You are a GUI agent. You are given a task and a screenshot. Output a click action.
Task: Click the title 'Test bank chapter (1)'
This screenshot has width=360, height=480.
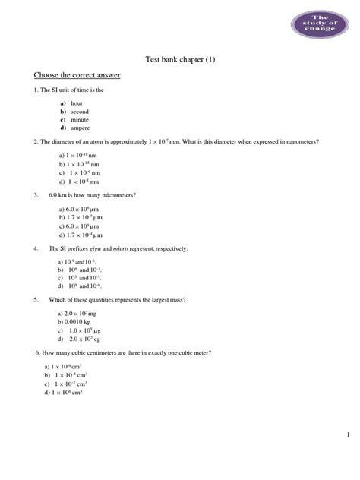coord(180,60)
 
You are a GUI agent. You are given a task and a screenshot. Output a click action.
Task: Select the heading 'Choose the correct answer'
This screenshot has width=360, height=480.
coord(77,76)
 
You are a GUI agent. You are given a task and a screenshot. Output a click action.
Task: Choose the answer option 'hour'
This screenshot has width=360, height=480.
coord(78,103)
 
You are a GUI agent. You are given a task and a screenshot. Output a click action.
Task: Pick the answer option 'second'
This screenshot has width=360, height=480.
coord(80,112)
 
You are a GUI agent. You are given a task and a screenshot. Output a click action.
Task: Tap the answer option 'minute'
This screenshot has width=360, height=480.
coord(80,120)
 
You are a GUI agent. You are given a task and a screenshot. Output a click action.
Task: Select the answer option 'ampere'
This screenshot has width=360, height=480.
coord(81,129)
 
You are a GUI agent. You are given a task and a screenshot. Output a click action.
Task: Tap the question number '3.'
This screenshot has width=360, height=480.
coord(36,195)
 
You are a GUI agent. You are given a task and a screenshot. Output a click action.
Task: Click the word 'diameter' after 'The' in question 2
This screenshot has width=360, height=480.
coord(63,142)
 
